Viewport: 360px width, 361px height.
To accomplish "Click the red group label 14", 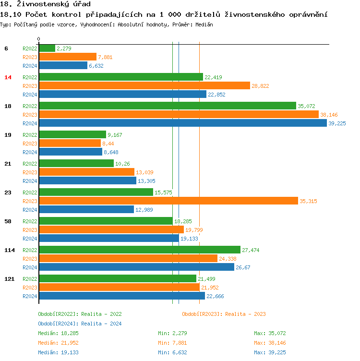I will [8, 77].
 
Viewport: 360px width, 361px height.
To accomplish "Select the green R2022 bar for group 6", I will [47, 48].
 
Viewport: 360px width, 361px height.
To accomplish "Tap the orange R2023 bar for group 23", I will [168, 201].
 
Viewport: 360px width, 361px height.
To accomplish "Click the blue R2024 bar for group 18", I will [182, 123].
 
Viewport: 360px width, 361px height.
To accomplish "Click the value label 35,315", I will [308, 201].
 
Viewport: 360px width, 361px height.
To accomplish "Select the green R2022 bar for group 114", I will [139, 250].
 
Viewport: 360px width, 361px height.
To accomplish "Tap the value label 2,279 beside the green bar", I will [64, 48].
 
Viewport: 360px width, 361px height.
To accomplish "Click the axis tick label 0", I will [39, 39].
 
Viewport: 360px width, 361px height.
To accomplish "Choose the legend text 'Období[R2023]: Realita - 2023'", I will [224, 314].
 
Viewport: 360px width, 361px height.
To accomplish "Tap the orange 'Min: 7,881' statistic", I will [172, 343].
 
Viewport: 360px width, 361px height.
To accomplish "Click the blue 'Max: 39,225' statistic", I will [270, 352].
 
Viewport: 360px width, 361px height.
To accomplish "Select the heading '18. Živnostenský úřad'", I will [46, 4].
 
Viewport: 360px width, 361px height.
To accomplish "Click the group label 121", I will [9, 279].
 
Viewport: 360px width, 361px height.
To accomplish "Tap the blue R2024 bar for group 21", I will [87, 180].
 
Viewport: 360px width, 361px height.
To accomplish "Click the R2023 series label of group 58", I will [30, 230].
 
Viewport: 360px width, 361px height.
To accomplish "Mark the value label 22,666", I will [215, 296].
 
